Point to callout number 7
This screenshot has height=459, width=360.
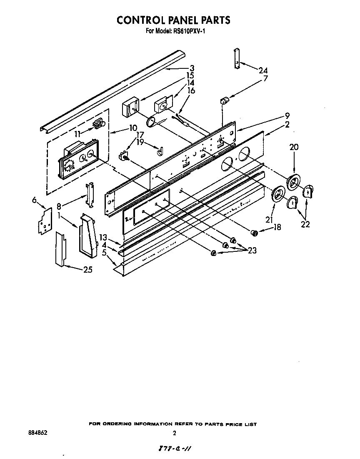click(x=265, y=78)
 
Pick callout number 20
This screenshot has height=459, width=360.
click(x=294, y=147)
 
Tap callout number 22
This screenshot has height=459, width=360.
click(x=306, y=224)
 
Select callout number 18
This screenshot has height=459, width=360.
click(x=277, y=227)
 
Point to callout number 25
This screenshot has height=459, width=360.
click(x=87, y=270)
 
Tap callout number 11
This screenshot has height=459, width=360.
click(x=77, y=134)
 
